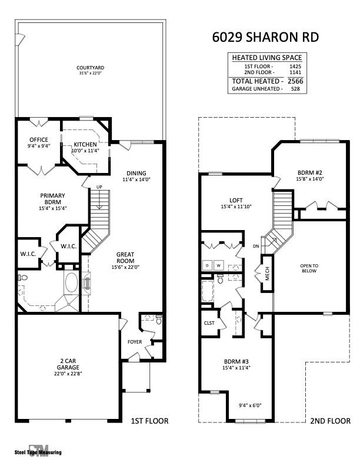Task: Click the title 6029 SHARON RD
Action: point(265,37)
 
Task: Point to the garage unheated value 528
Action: point(295,89)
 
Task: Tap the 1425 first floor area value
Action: point(295,66)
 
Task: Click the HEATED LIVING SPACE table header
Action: point(267,57)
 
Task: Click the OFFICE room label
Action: point(38,140)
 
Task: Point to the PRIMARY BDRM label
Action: point(52,199)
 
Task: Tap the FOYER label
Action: point(135,341)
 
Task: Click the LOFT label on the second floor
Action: point(236,200)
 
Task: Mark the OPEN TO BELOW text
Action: point(309,268)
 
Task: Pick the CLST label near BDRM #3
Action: point(209,322)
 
